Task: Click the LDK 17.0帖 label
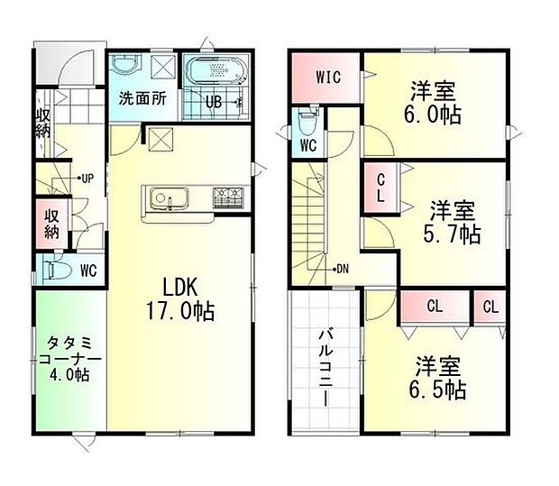(x=188, y=298)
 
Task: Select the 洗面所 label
(x=142, y=99)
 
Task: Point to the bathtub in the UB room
(x=216, y=71)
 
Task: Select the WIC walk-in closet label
(x=326, y=77)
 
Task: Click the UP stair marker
(x=87, y=178)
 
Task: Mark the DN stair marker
(x=342, y=269)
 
